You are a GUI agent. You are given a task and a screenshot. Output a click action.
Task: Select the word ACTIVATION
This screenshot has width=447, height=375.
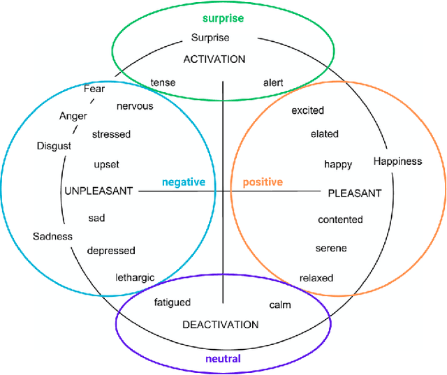point(214,59)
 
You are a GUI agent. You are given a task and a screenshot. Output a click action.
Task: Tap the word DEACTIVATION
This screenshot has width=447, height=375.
point(220,324)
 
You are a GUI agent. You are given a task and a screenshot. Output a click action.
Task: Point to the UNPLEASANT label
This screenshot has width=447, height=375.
point(98,191)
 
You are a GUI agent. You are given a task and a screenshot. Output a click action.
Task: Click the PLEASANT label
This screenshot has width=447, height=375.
point(355,193)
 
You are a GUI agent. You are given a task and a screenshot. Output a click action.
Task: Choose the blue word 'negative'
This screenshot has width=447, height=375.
point(184,182)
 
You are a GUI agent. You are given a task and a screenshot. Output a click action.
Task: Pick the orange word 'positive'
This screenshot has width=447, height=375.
point(263,182)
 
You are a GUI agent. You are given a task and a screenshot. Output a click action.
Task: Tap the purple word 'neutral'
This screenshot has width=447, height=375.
point(223,359)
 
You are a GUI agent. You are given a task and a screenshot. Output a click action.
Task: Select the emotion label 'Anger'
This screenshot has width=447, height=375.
point(73,116)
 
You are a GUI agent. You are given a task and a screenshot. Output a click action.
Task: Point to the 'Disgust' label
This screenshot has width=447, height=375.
point(54,146)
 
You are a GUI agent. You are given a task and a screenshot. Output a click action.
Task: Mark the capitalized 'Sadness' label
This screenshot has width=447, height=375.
point(52,236)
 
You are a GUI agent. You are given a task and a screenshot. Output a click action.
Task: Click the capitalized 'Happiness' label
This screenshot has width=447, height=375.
point(397,161)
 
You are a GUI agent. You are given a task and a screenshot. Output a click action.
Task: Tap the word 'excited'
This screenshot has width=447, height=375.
point(308,110)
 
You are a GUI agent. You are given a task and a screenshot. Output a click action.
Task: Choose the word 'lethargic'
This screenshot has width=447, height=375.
point(135,277)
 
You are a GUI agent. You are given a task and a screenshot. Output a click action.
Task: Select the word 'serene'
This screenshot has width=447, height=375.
point(331,248)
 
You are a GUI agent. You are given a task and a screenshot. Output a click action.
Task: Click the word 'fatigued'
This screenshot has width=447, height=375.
point(172,302)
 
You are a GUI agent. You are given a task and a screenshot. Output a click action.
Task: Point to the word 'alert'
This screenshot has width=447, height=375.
point(273,82)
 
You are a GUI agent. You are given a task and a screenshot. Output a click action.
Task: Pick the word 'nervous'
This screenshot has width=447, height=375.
point(135,106)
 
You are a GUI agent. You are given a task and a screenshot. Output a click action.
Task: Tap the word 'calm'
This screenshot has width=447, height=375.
point(280,304)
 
